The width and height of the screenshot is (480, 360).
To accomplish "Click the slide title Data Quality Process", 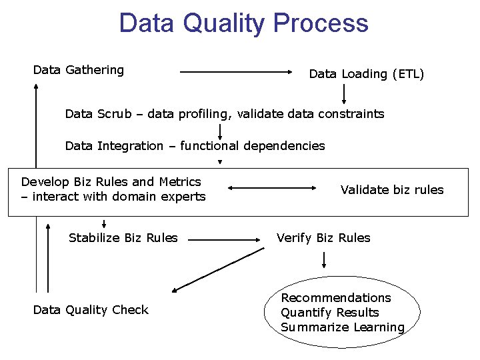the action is (x=243, y=23).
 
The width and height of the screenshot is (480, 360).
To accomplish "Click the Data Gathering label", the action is (x=79, y=70).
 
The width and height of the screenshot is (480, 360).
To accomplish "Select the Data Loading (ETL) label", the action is (x=366, y=74).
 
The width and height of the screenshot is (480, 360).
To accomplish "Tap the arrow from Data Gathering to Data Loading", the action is (x=240, y=71).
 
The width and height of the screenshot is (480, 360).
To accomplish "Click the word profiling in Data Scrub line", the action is (x=203, y=114).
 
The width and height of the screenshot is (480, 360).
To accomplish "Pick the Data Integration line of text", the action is (x=195, y=146).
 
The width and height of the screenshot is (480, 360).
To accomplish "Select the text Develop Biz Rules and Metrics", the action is (x=111, y=182).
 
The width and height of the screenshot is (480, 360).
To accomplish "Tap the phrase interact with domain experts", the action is (x=119, y=197).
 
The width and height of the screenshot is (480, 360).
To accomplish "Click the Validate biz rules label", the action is (x=392, y=190).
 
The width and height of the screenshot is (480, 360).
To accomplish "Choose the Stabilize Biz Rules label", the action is (x=123, y=238).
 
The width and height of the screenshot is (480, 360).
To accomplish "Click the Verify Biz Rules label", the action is (x=323, y=238).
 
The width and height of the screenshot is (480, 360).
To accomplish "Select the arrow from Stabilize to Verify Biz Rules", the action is (x=227, y=238).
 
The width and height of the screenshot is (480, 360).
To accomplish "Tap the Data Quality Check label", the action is (x=91, y=310).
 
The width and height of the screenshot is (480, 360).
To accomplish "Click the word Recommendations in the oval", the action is (x=336, y=298).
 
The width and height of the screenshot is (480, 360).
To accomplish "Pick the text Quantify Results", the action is (x=330, y=313).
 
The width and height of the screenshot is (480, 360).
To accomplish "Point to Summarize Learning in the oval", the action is (x=343, y=327).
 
